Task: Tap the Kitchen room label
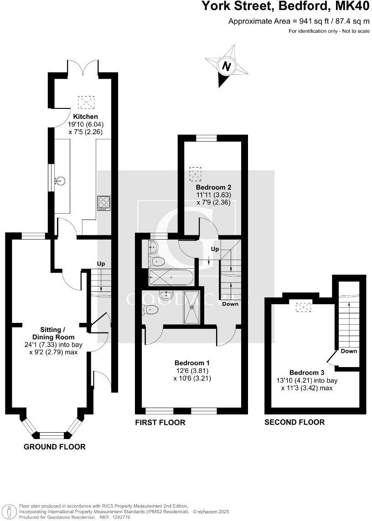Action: (x=85, y=117)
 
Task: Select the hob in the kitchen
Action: (x=104, y=203)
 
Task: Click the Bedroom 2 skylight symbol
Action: (x=195, y=174)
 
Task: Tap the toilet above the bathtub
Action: (x=157, y=261)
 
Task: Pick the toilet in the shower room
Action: (x=150, y=310)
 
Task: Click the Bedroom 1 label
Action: (x=192, y=363)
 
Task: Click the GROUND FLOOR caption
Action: (x=54, y=447)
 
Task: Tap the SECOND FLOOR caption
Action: (x=294, y=422)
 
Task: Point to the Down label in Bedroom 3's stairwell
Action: (x=349, y=351)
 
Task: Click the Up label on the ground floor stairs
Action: (x=101, y=264)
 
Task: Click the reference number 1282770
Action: (x=120, y=517)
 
